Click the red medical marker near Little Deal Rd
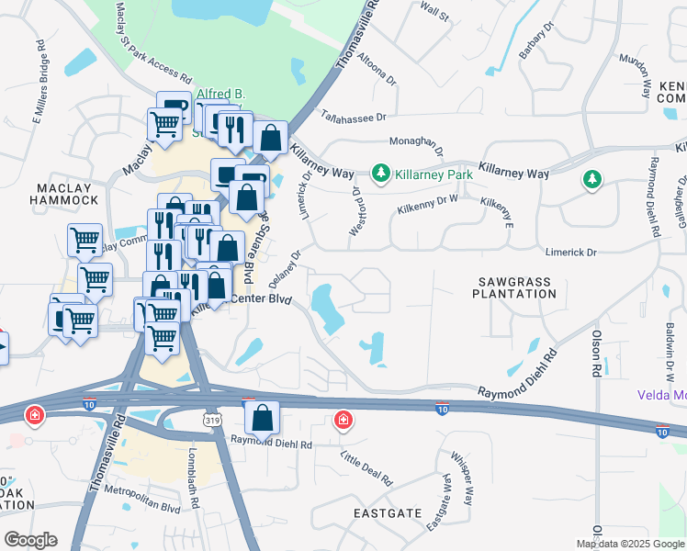(x=343, y=420)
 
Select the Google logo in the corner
(x=30, y=539)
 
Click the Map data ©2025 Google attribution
(x=629, y=544)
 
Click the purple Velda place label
(x=662, y=395)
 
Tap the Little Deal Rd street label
(x=366, y=467)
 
